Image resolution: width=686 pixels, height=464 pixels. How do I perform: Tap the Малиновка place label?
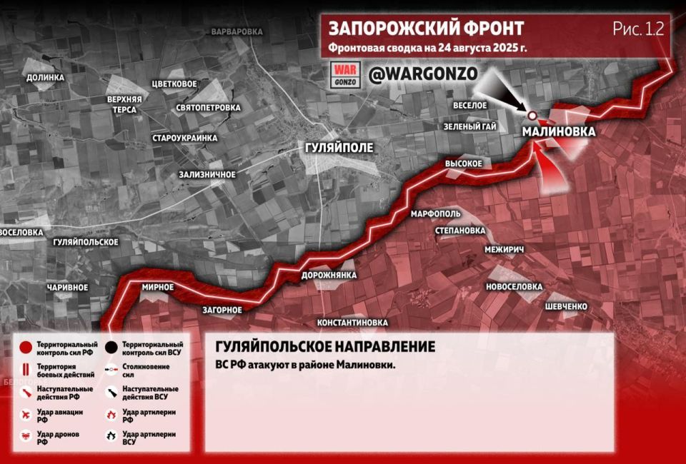[558, 132]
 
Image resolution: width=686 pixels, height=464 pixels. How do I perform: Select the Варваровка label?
[237, 32]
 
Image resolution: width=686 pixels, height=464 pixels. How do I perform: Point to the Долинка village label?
[45, 78]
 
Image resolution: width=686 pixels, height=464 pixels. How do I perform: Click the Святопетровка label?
[208, 108]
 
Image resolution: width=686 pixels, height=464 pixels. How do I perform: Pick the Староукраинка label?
[184, 137]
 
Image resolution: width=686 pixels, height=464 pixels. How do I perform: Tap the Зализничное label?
[207, 174]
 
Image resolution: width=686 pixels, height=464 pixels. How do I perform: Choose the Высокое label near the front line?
[464, 163]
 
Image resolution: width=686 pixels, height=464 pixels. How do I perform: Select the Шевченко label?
[566, 306]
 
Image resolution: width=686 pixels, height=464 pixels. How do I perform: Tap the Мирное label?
[158, 287]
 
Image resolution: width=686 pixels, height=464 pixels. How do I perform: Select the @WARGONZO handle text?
[422, 74]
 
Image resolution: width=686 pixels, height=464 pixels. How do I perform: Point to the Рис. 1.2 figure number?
[638, 29]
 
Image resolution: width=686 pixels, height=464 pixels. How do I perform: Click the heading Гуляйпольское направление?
[325, 347]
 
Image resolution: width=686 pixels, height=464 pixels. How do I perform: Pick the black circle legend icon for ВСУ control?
[111, 348]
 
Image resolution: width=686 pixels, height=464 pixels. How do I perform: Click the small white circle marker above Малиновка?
[532, 116]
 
